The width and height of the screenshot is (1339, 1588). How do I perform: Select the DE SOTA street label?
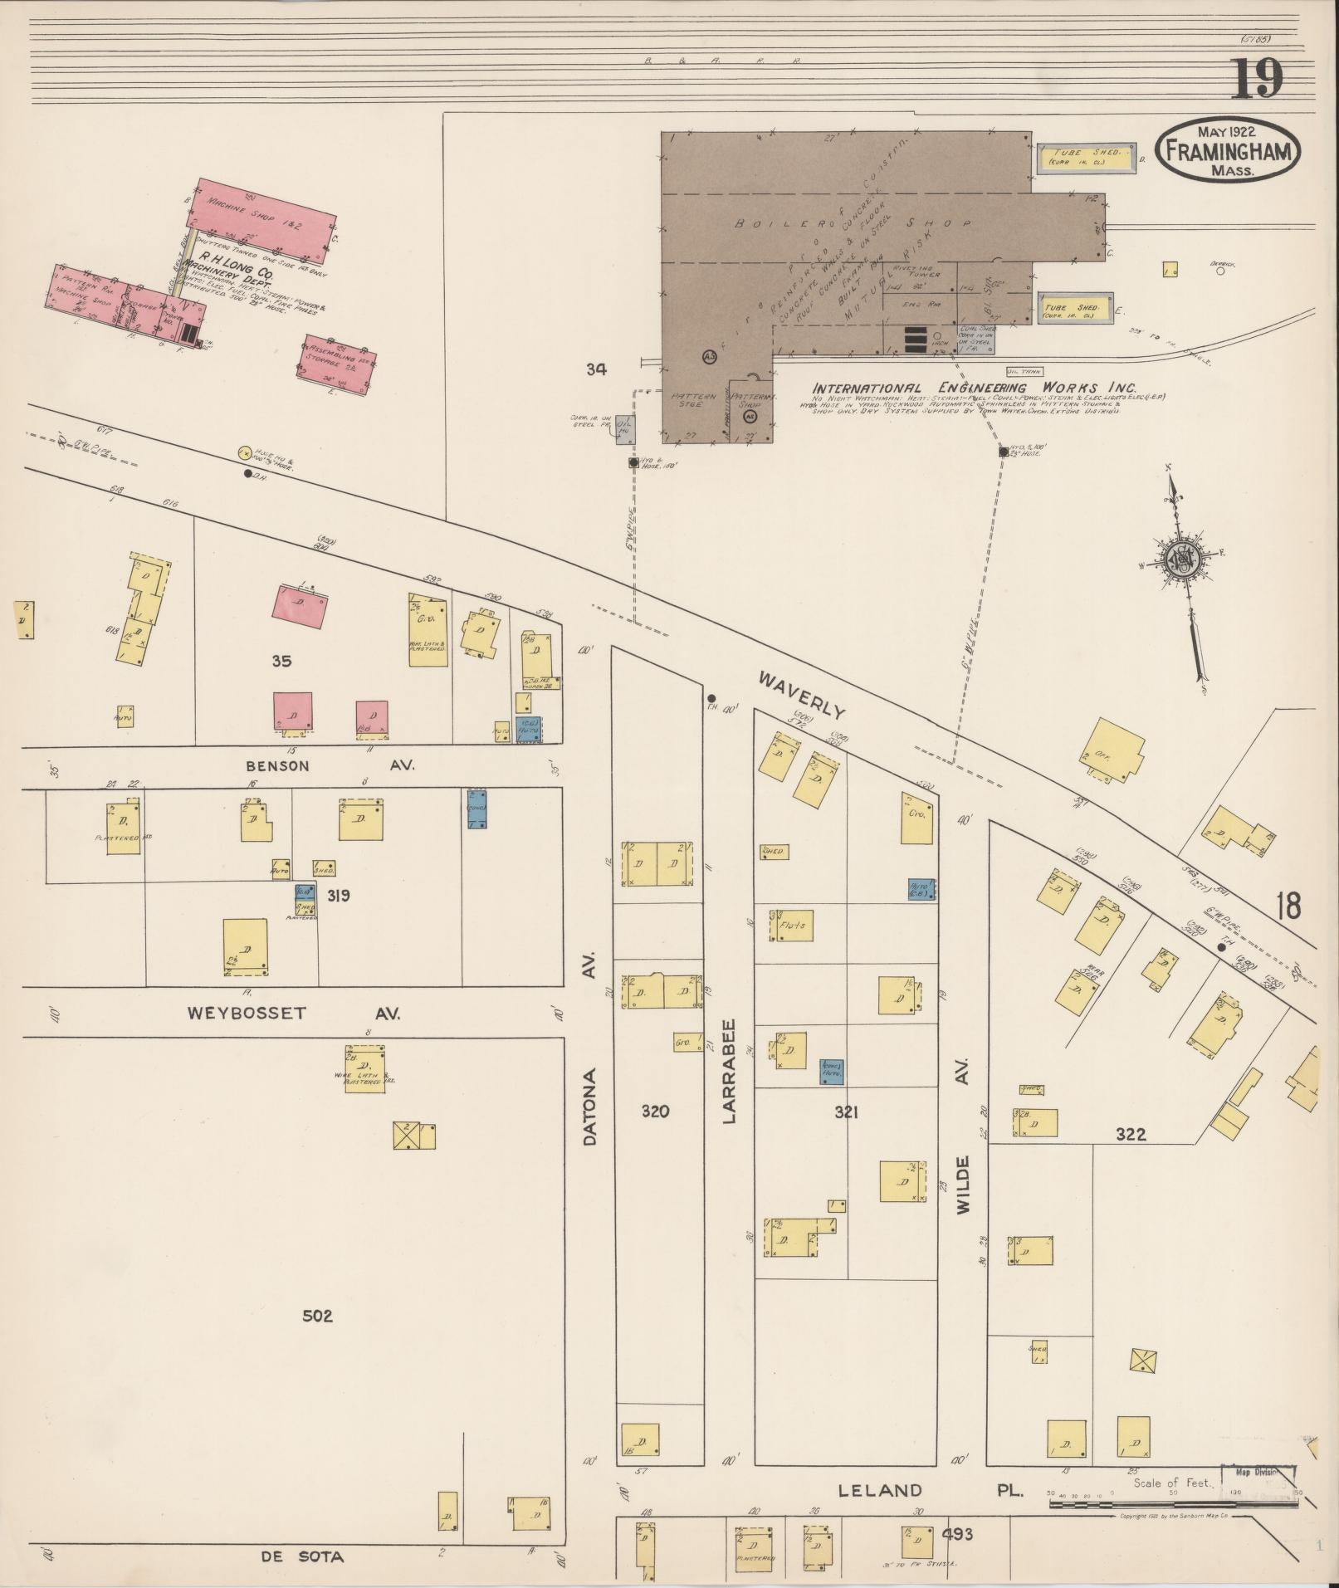pos(290,1556)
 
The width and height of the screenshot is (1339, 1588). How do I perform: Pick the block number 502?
pos(317,1316)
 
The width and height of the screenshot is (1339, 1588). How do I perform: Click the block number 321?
pos(846,1112)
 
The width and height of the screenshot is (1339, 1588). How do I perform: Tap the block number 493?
pos(957,1534)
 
